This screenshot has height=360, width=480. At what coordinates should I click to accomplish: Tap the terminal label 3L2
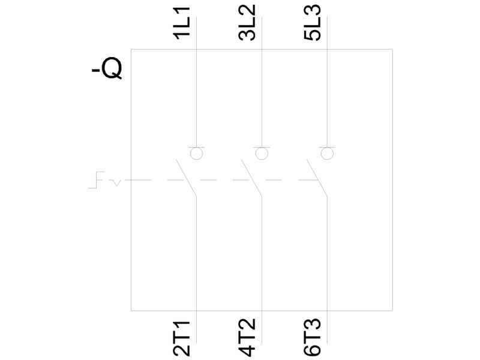(x=247, y=22)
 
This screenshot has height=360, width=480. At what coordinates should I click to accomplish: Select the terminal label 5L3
(x=313, y=22)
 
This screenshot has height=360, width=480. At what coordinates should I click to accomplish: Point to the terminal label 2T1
(x=182, y=339)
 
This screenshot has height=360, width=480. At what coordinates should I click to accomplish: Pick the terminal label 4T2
(x=247, y=337)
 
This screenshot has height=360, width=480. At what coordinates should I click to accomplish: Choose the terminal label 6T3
(x=313, y=337)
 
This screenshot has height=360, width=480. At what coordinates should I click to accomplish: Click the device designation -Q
(x=107, y=70)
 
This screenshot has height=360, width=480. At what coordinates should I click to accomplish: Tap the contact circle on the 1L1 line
(x=196, y=154)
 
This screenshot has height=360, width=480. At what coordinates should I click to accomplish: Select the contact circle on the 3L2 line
(x=262, y=154)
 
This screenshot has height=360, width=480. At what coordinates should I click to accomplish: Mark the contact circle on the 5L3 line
(x=327, y=154)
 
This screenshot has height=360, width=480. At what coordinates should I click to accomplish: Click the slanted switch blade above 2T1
(x=186, y=178)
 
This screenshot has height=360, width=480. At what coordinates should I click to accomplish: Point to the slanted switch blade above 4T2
(x=251, y=178)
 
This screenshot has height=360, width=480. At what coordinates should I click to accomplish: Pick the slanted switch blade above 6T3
(x=317, y=178)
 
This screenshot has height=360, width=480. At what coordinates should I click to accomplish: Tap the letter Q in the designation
(x=112, y=70)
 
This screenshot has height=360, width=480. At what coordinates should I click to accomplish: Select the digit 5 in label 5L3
(x=313, y=35)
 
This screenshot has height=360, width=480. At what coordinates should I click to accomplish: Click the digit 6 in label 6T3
(x=313, y=351)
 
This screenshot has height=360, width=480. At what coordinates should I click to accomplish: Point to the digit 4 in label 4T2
(x=247, y=351)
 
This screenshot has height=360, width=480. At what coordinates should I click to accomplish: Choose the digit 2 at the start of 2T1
(x=182, y=352)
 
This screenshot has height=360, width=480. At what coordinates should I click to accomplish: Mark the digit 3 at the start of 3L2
(x=247, y=35)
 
